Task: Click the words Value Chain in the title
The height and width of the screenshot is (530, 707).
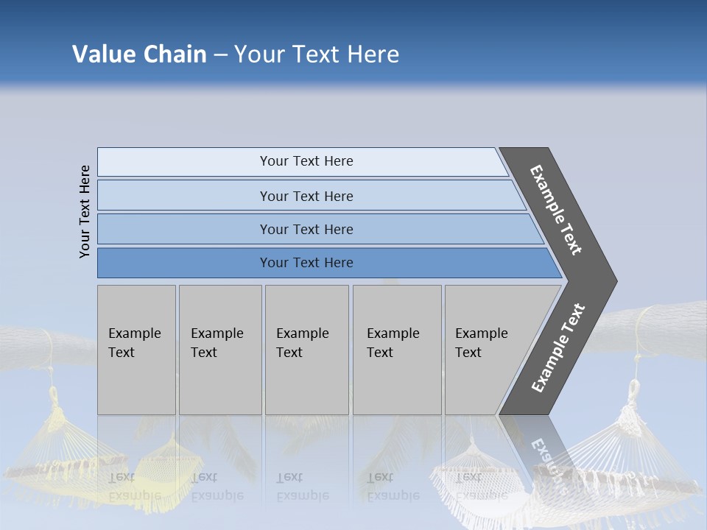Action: coord(139,54)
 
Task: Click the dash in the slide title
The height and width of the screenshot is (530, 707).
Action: coord(220,55)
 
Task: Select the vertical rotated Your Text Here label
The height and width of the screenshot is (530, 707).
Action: coord(85,211)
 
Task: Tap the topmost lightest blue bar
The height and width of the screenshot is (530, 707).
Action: coord(306,161)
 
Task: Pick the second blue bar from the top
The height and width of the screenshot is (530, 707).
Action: coord(306,196)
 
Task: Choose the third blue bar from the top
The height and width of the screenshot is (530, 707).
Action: coord(306,229)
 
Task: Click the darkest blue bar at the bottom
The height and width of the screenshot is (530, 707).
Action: coord(306,263)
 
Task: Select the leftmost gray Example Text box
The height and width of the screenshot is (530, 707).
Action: coord(136,350)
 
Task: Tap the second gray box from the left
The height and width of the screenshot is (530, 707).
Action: coord(220,350)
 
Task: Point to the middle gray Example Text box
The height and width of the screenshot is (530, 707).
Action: coord(306,350)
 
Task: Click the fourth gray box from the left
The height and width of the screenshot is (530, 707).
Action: coord(397,350)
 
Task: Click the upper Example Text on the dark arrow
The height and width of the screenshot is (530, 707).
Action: coord(556,210)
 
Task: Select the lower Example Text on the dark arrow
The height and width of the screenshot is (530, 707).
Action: coord(558,348)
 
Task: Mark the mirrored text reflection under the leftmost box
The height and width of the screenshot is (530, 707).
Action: coord(135,487)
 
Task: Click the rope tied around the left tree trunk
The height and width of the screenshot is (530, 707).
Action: coord(48,346)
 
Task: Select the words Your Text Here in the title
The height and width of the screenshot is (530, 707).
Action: coord(317,54)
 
